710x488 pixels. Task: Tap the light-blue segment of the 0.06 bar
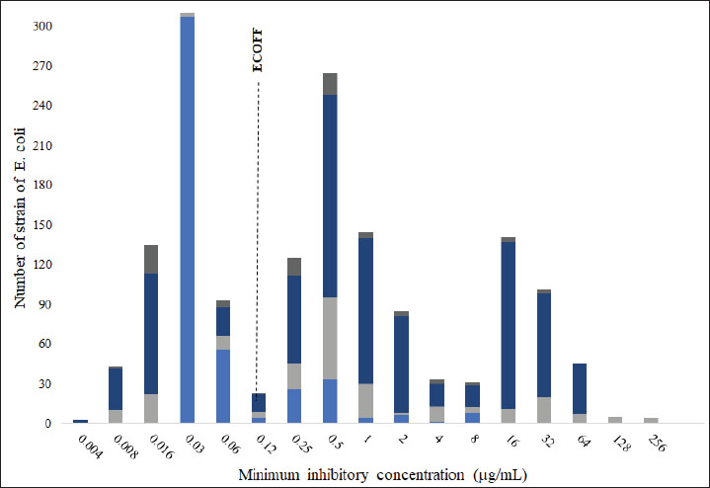coord(223,386)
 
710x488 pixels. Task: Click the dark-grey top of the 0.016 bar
coord(151,259)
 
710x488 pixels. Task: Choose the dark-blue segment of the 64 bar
coord(580,389)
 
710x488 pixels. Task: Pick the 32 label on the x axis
coord(543,441)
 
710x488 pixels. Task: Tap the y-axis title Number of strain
coord(19,225)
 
